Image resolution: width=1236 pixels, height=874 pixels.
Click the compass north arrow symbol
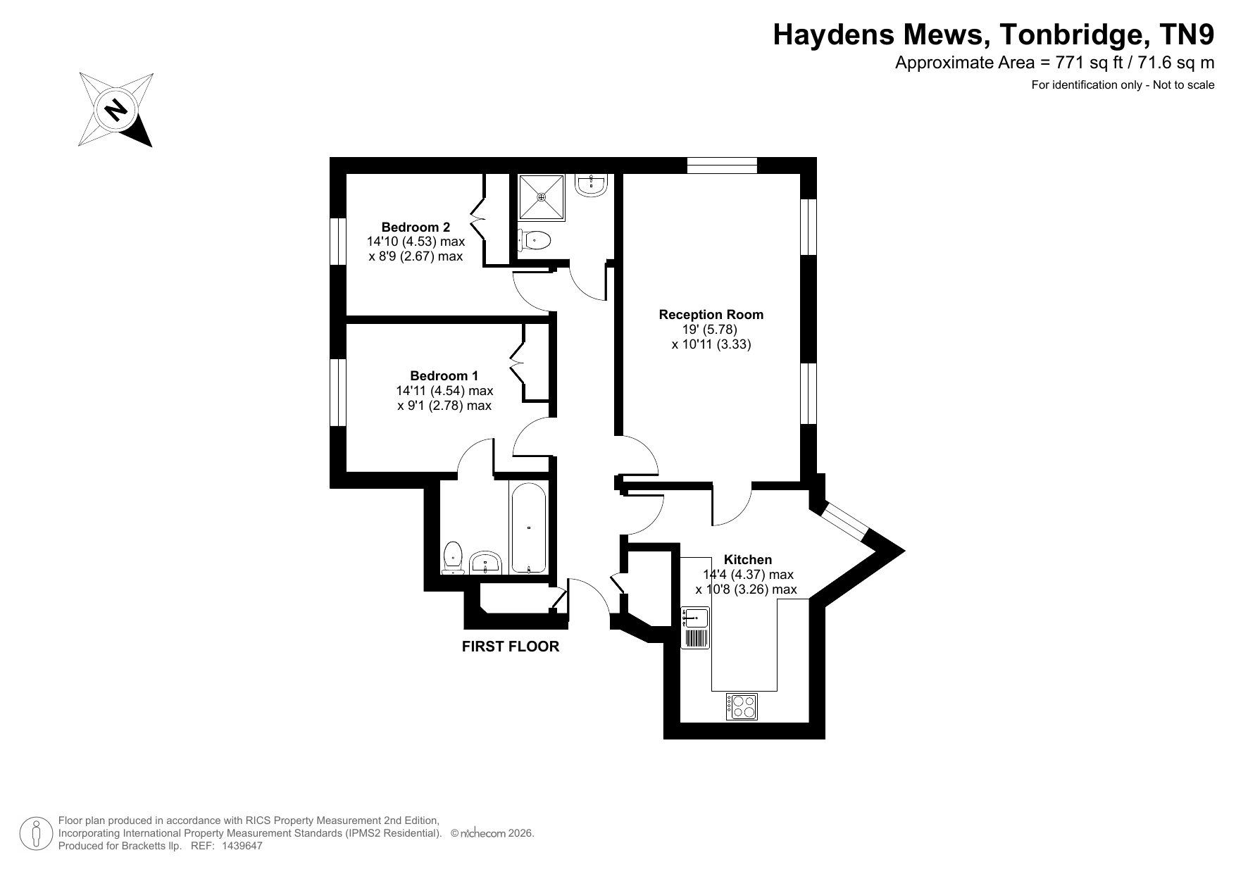(x=116, y=109)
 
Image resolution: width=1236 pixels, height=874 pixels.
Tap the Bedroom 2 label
(x=416, y=227)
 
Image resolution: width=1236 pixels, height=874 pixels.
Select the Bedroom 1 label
(x=444, y=375)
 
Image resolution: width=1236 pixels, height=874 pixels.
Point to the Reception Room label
(x=711, y=314)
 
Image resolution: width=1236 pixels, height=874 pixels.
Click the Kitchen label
(x=748, y=559)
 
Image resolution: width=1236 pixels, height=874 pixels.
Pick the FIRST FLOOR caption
(x=511, y=647)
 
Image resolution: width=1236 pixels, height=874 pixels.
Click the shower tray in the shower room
(x=542, y=197)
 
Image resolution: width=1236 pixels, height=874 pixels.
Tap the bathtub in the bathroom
(x=528, y=528)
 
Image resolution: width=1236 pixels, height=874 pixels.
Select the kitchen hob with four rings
(x=742, y=706)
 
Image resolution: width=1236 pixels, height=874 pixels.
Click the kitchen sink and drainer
(x=696, y=628)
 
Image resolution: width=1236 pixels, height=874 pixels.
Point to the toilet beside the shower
(x=534, y=240)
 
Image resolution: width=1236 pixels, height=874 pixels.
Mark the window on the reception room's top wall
(x=722, y=166)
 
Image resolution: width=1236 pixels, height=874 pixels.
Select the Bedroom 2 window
(x=338, y=241)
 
